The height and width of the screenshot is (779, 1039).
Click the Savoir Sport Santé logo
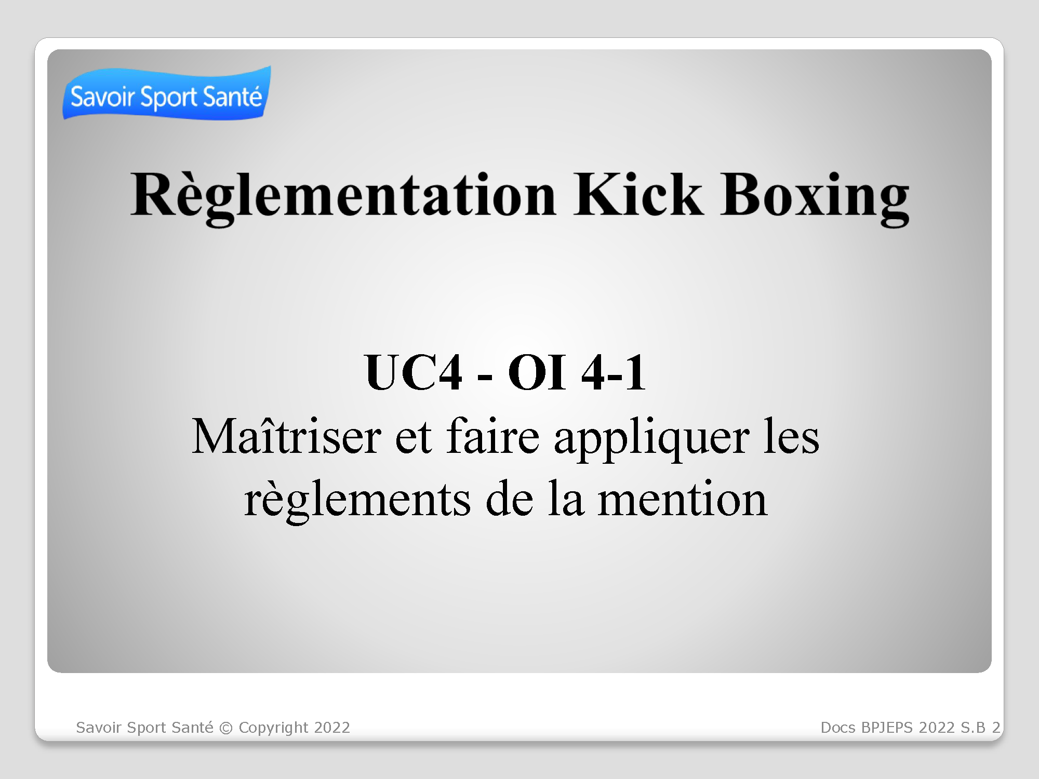[167, 93]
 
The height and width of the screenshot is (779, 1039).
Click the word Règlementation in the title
[343, 197]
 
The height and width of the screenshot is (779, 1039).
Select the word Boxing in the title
[815, 197]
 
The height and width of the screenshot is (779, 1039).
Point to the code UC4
[414, 372]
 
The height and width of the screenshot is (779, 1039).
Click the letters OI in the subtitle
[537, 372]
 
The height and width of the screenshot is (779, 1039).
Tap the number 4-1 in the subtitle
[614, 372]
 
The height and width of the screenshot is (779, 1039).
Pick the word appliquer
[652, 439]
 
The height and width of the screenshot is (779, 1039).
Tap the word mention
[683, 499]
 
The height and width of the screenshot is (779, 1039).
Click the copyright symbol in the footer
[226, 728]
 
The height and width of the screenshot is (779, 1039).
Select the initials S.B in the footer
[973, 728]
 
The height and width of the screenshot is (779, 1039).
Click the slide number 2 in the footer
[996, 728]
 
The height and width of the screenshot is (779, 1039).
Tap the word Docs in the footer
[838, 728]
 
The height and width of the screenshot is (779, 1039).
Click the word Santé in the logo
[232, 97]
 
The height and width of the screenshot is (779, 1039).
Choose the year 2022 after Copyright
[332, 728]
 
